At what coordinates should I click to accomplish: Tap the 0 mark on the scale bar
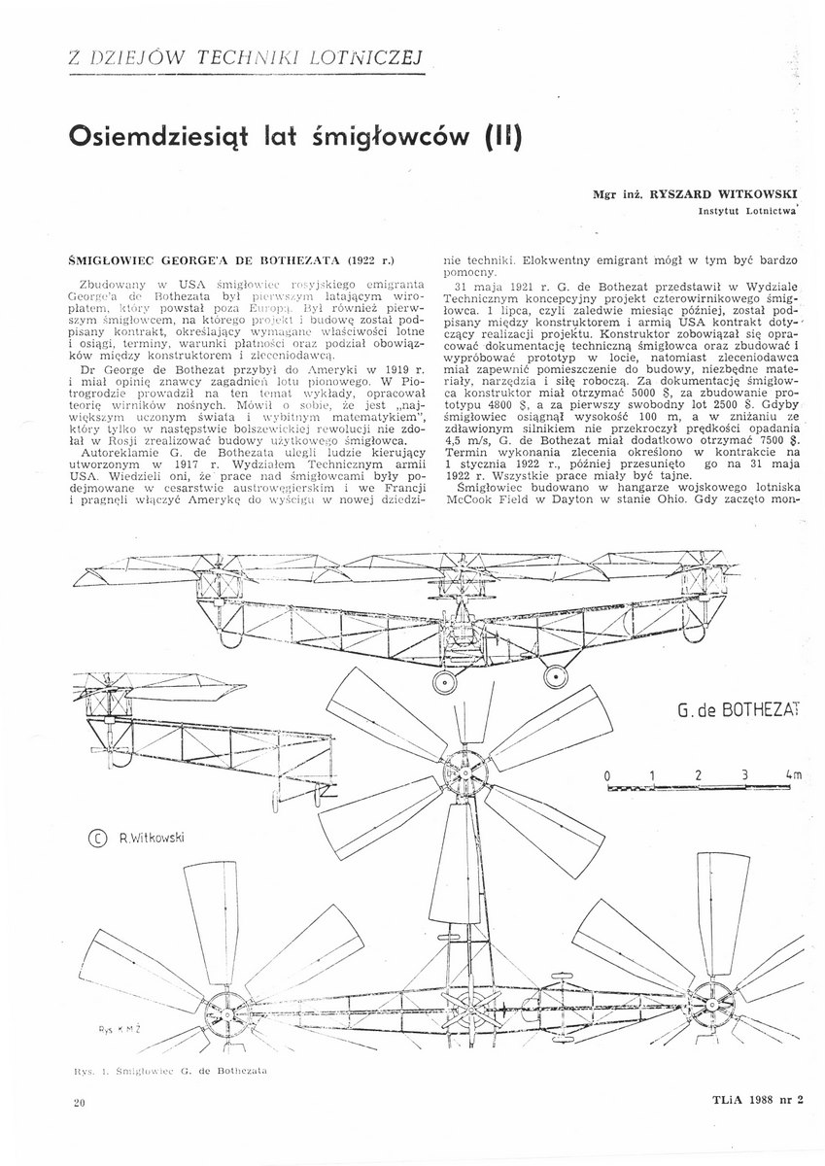(607, 775)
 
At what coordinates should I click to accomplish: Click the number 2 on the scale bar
(698, 775)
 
